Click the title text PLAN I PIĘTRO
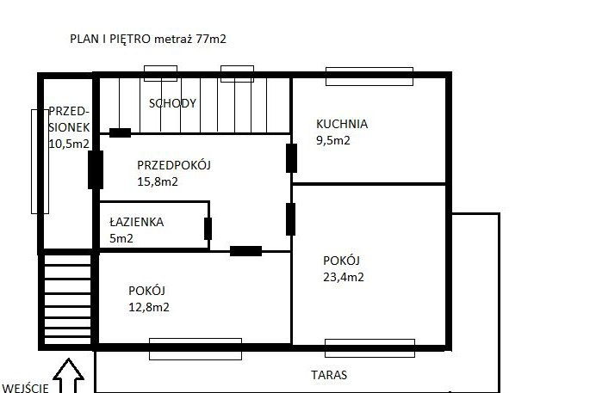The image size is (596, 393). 110,39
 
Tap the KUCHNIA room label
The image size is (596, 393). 342,124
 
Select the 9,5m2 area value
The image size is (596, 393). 333,140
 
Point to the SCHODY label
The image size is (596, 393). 172,103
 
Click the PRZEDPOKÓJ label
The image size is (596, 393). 174,165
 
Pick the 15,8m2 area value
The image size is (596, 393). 158,181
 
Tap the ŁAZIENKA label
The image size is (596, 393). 136,222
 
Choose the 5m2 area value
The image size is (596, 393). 121,238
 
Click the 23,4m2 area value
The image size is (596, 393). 344,277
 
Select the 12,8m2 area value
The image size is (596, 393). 149,307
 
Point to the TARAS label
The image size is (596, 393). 329,375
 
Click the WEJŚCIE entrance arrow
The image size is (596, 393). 68,376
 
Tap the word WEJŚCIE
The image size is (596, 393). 25,388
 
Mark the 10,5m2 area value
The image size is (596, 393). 69,144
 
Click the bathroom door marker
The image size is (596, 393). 208,229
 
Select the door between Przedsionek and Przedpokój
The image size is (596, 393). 96,170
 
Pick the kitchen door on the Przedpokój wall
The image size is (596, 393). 291,158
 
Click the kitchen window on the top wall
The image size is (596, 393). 369,77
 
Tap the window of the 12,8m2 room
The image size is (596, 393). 196,349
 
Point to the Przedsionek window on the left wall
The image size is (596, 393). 40,162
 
